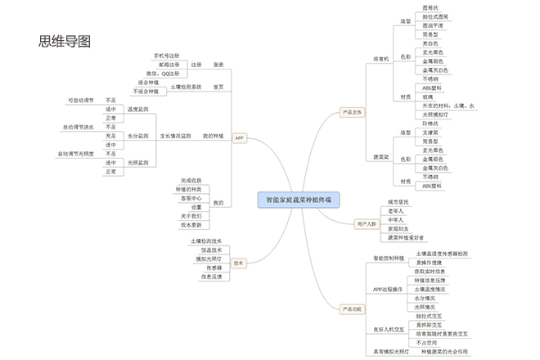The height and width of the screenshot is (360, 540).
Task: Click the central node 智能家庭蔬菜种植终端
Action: tap(299, 199)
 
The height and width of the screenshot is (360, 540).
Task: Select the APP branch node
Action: tap(240, 138)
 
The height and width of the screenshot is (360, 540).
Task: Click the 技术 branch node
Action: tap(239, 263)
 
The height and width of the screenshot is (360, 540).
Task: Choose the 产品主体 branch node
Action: tap(353, 111)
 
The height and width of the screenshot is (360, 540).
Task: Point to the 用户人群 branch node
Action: tap(367, 223)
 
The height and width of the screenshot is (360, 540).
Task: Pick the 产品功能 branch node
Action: tap(353, 308)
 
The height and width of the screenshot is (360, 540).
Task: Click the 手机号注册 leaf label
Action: tap(168, 56)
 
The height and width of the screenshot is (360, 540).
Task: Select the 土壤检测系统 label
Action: tap(187, 87)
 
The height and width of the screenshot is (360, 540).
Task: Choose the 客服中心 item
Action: tap(191, 198)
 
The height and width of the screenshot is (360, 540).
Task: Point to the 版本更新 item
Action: tap(191, 224)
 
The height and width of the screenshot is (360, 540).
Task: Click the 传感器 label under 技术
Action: tap(214, 267)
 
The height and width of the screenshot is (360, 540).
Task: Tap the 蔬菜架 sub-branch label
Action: tap(381, 155)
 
